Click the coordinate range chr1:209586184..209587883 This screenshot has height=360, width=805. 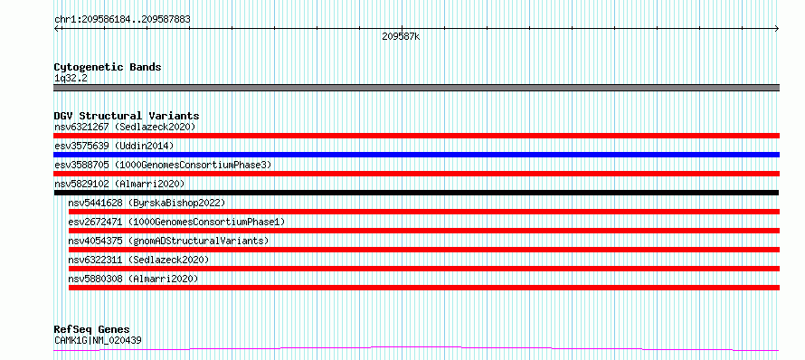[x=122, y=20]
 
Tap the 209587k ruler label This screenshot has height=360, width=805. [x=401, y=36]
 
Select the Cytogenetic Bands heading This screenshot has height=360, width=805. [x=108, y=67]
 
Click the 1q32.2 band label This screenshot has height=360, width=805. [x=69, y=79]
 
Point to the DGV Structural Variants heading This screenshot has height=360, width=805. [x=127, y=116]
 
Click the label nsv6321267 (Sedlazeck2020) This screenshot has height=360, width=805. [x=125, y=127]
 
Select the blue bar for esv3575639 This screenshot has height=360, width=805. [x=416, y=155]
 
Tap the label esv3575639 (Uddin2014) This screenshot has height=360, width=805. [x=114, y=146]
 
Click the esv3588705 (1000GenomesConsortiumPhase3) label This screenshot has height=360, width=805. [x=163, y=165]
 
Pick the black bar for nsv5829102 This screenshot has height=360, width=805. [x=416, y=193]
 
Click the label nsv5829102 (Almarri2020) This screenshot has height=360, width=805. [x=119, y=184]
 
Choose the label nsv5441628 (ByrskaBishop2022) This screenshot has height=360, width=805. [x=147, y=203]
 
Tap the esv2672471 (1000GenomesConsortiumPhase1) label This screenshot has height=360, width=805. [x=176, y=222]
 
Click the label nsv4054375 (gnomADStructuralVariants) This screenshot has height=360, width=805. [x=168, y=241]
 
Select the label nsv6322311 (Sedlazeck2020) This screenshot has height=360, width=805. [x=138, y=260]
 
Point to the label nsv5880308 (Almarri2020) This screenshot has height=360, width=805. [x=133, y=279]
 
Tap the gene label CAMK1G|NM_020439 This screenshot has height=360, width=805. [x=98, y=340]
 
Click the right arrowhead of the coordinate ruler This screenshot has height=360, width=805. [x=778, y=29]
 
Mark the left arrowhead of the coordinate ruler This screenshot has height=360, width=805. [x=56, y=29]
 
